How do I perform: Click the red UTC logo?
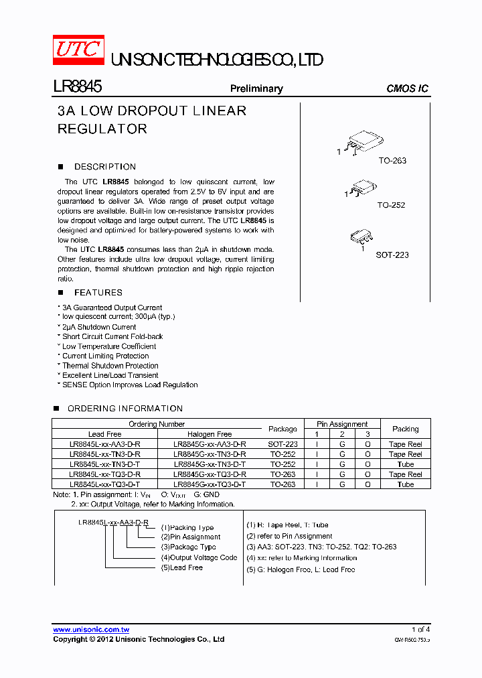coord(79,50)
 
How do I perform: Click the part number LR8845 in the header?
coord(77,87)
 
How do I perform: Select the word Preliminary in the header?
coord(256,88)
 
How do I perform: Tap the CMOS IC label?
coord(407,88)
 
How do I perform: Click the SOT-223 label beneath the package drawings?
coord(392,255)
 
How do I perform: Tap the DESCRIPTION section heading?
coord(105,167)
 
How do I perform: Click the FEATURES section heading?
coord(98,293)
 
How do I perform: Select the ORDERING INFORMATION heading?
coord(125,409)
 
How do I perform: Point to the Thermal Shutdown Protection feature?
coord(110,366)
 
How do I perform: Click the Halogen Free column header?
coord(210,434)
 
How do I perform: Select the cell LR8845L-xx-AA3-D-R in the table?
coord(104,444)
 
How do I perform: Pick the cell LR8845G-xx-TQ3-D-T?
coord(210,484)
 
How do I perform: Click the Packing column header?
coord(405,429)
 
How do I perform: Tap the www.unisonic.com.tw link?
coord(91,630)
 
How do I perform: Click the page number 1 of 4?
coord(420,630)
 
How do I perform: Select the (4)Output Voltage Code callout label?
coord(199,557)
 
